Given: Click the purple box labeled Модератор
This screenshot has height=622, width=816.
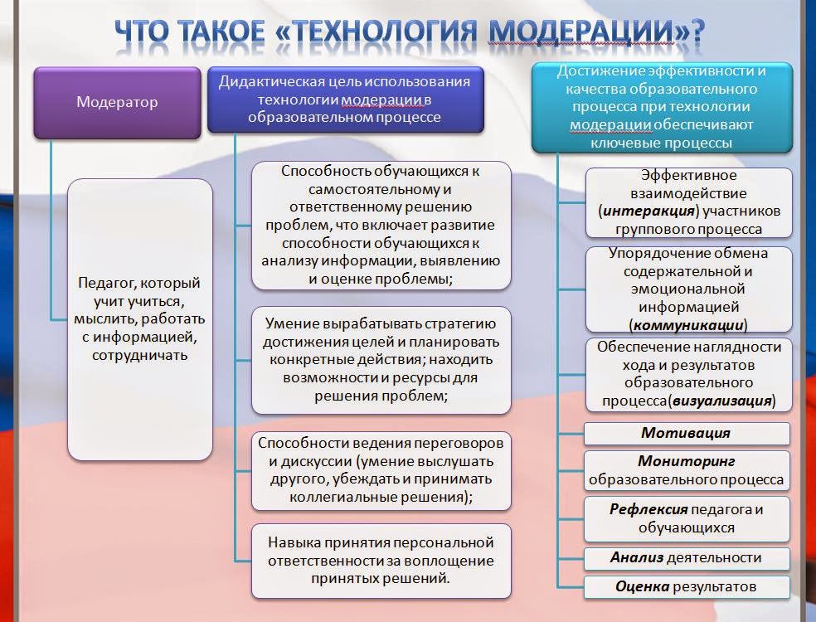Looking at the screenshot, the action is coord(117,102).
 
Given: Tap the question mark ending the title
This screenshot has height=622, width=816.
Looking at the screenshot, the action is coord(697,31).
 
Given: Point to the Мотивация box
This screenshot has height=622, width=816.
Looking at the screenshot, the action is coord(687,433).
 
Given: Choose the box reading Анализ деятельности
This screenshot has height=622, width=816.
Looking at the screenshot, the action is coord(687,557).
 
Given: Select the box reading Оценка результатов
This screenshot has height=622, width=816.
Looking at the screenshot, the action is coord(687,586).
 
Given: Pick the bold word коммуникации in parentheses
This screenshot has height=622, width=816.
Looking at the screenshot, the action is coord(687,324).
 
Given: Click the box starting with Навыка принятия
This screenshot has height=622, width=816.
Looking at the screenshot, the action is coord(381,560).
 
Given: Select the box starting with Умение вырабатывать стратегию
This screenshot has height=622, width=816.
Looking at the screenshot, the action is coord(381,359).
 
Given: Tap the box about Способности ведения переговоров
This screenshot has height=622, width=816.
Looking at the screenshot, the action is coord(381,469).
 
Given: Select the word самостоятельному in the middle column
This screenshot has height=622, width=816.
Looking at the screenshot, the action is coord(380,189).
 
